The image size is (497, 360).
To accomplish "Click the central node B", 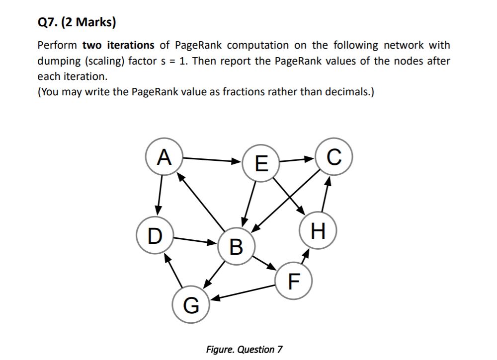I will [237, 245].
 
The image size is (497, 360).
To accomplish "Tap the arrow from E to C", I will [298, 160].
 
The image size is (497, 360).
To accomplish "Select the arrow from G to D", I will [173, 271].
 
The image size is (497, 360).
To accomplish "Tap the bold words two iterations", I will [118, 45].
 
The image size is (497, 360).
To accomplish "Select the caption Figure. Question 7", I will [244, 349].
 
